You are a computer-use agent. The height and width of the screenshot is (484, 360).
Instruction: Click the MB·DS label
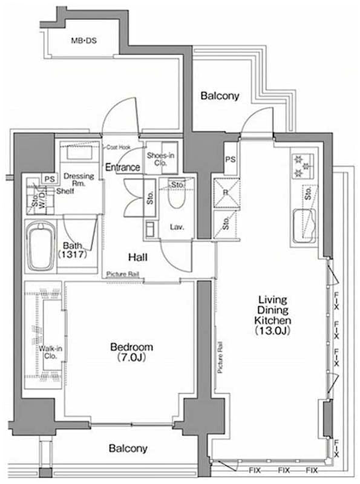tap(84, 41)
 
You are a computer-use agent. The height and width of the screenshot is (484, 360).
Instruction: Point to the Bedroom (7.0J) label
tap(131, 352)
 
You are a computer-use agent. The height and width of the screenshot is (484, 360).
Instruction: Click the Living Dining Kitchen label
tap(273, 315)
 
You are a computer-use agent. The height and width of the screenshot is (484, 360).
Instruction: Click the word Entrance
tap(123, 168)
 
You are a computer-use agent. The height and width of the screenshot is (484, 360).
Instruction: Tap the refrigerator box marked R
tap(225, 194)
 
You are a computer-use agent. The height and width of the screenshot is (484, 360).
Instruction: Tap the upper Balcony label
tap(220, 96)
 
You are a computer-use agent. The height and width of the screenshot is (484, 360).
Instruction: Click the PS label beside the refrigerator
tap(229, 160)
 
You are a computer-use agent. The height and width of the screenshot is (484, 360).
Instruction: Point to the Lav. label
tap(177, 227)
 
